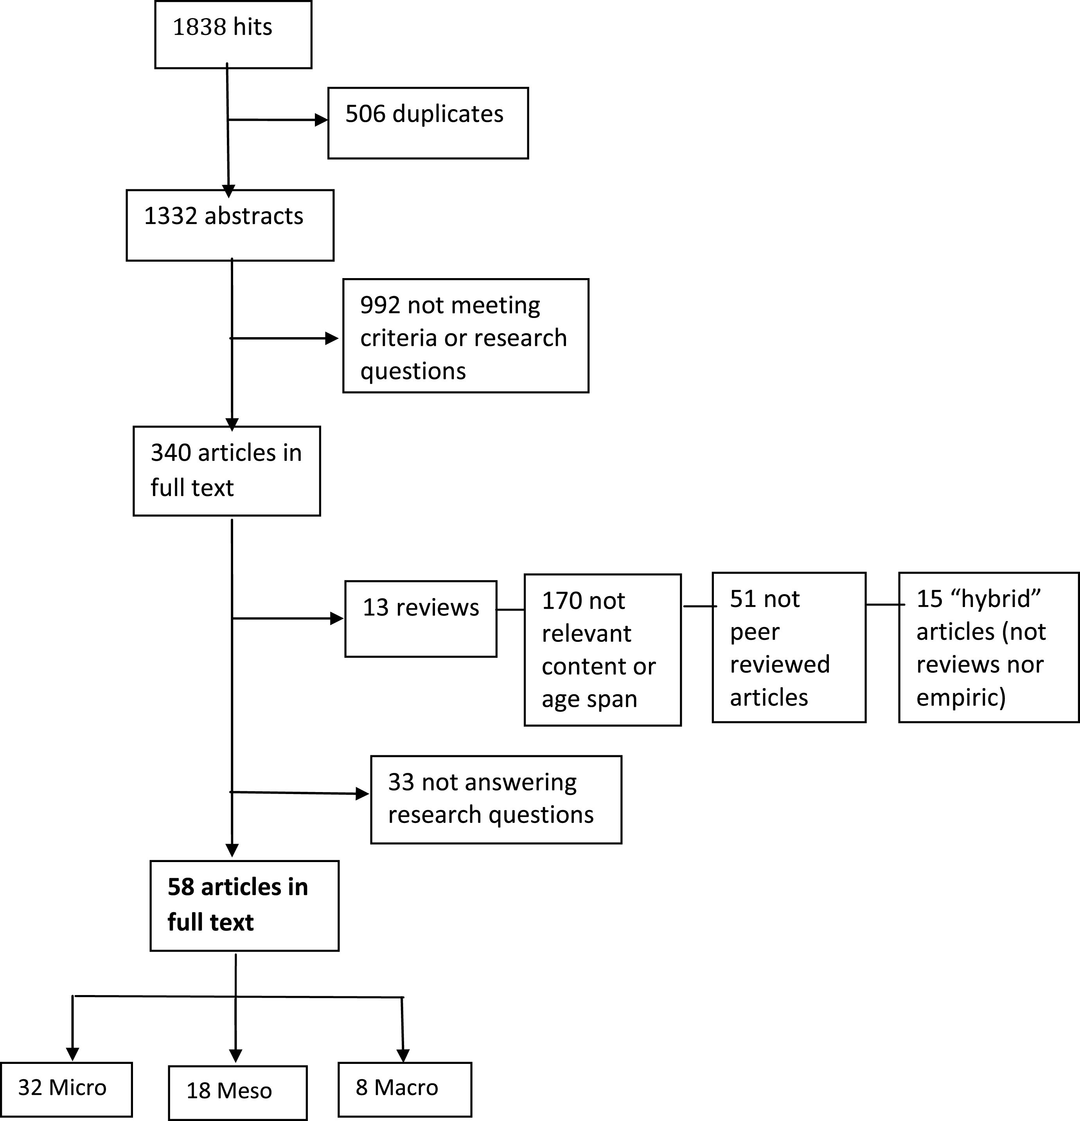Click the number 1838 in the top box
point(198,27)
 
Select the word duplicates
point(448,114)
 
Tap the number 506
point(365,114)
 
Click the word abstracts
point(254,216)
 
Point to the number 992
point(380,305)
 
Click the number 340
point(171,453)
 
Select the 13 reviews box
point(421,619)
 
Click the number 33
point(401,782)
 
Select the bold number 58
point(181,887)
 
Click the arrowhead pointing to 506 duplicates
point(322,120)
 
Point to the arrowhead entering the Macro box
point(403,1056)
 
